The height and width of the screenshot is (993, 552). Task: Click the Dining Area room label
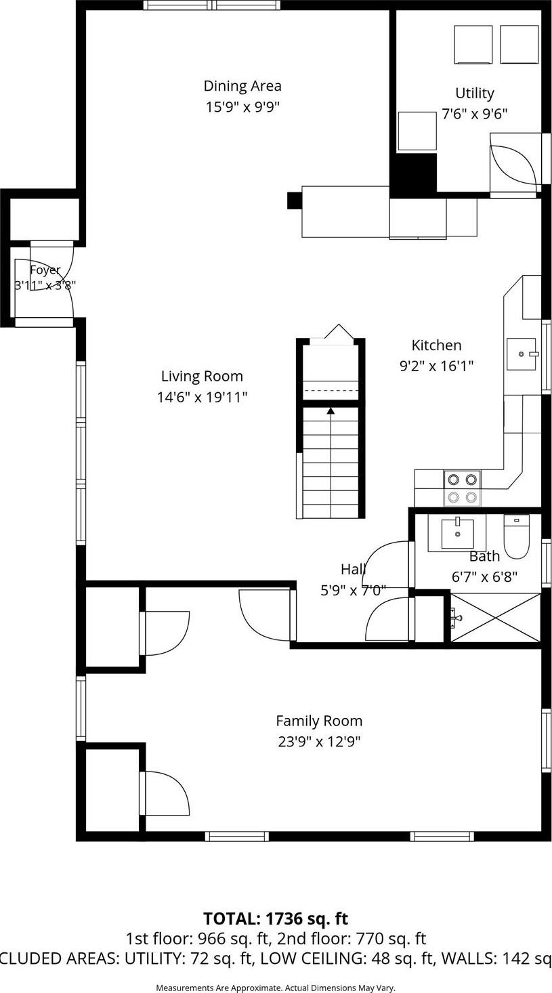tap(242, 86)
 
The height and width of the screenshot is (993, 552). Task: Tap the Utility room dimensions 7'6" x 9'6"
tap(474, 114)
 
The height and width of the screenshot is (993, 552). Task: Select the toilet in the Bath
tap(516, 538)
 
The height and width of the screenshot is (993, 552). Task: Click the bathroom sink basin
tap(458, 534)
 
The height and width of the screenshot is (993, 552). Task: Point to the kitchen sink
tap(521, 354)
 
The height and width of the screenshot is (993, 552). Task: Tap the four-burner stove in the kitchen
tap(462, 488)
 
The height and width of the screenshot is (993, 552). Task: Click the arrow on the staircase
tap(331, 410)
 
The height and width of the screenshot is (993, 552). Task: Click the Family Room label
tap(319, 721)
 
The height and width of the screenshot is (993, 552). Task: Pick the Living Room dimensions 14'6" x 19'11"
tap(202, 397)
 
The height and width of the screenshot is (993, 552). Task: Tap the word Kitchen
tap(436, 345)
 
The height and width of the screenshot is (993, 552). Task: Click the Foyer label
tap(45, 270)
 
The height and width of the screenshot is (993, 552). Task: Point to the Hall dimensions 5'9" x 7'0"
tap(353, 590)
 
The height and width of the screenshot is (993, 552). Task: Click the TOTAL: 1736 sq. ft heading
tap(276, 918)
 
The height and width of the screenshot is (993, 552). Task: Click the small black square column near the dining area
tap(294, 200)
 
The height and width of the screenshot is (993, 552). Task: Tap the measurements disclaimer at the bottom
tap(276, 988)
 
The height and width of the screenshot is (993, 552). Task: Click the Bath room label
tap(484, 556)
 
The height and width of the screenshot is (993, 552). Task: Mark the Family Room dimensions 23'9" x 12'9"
tap(319, 742)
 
